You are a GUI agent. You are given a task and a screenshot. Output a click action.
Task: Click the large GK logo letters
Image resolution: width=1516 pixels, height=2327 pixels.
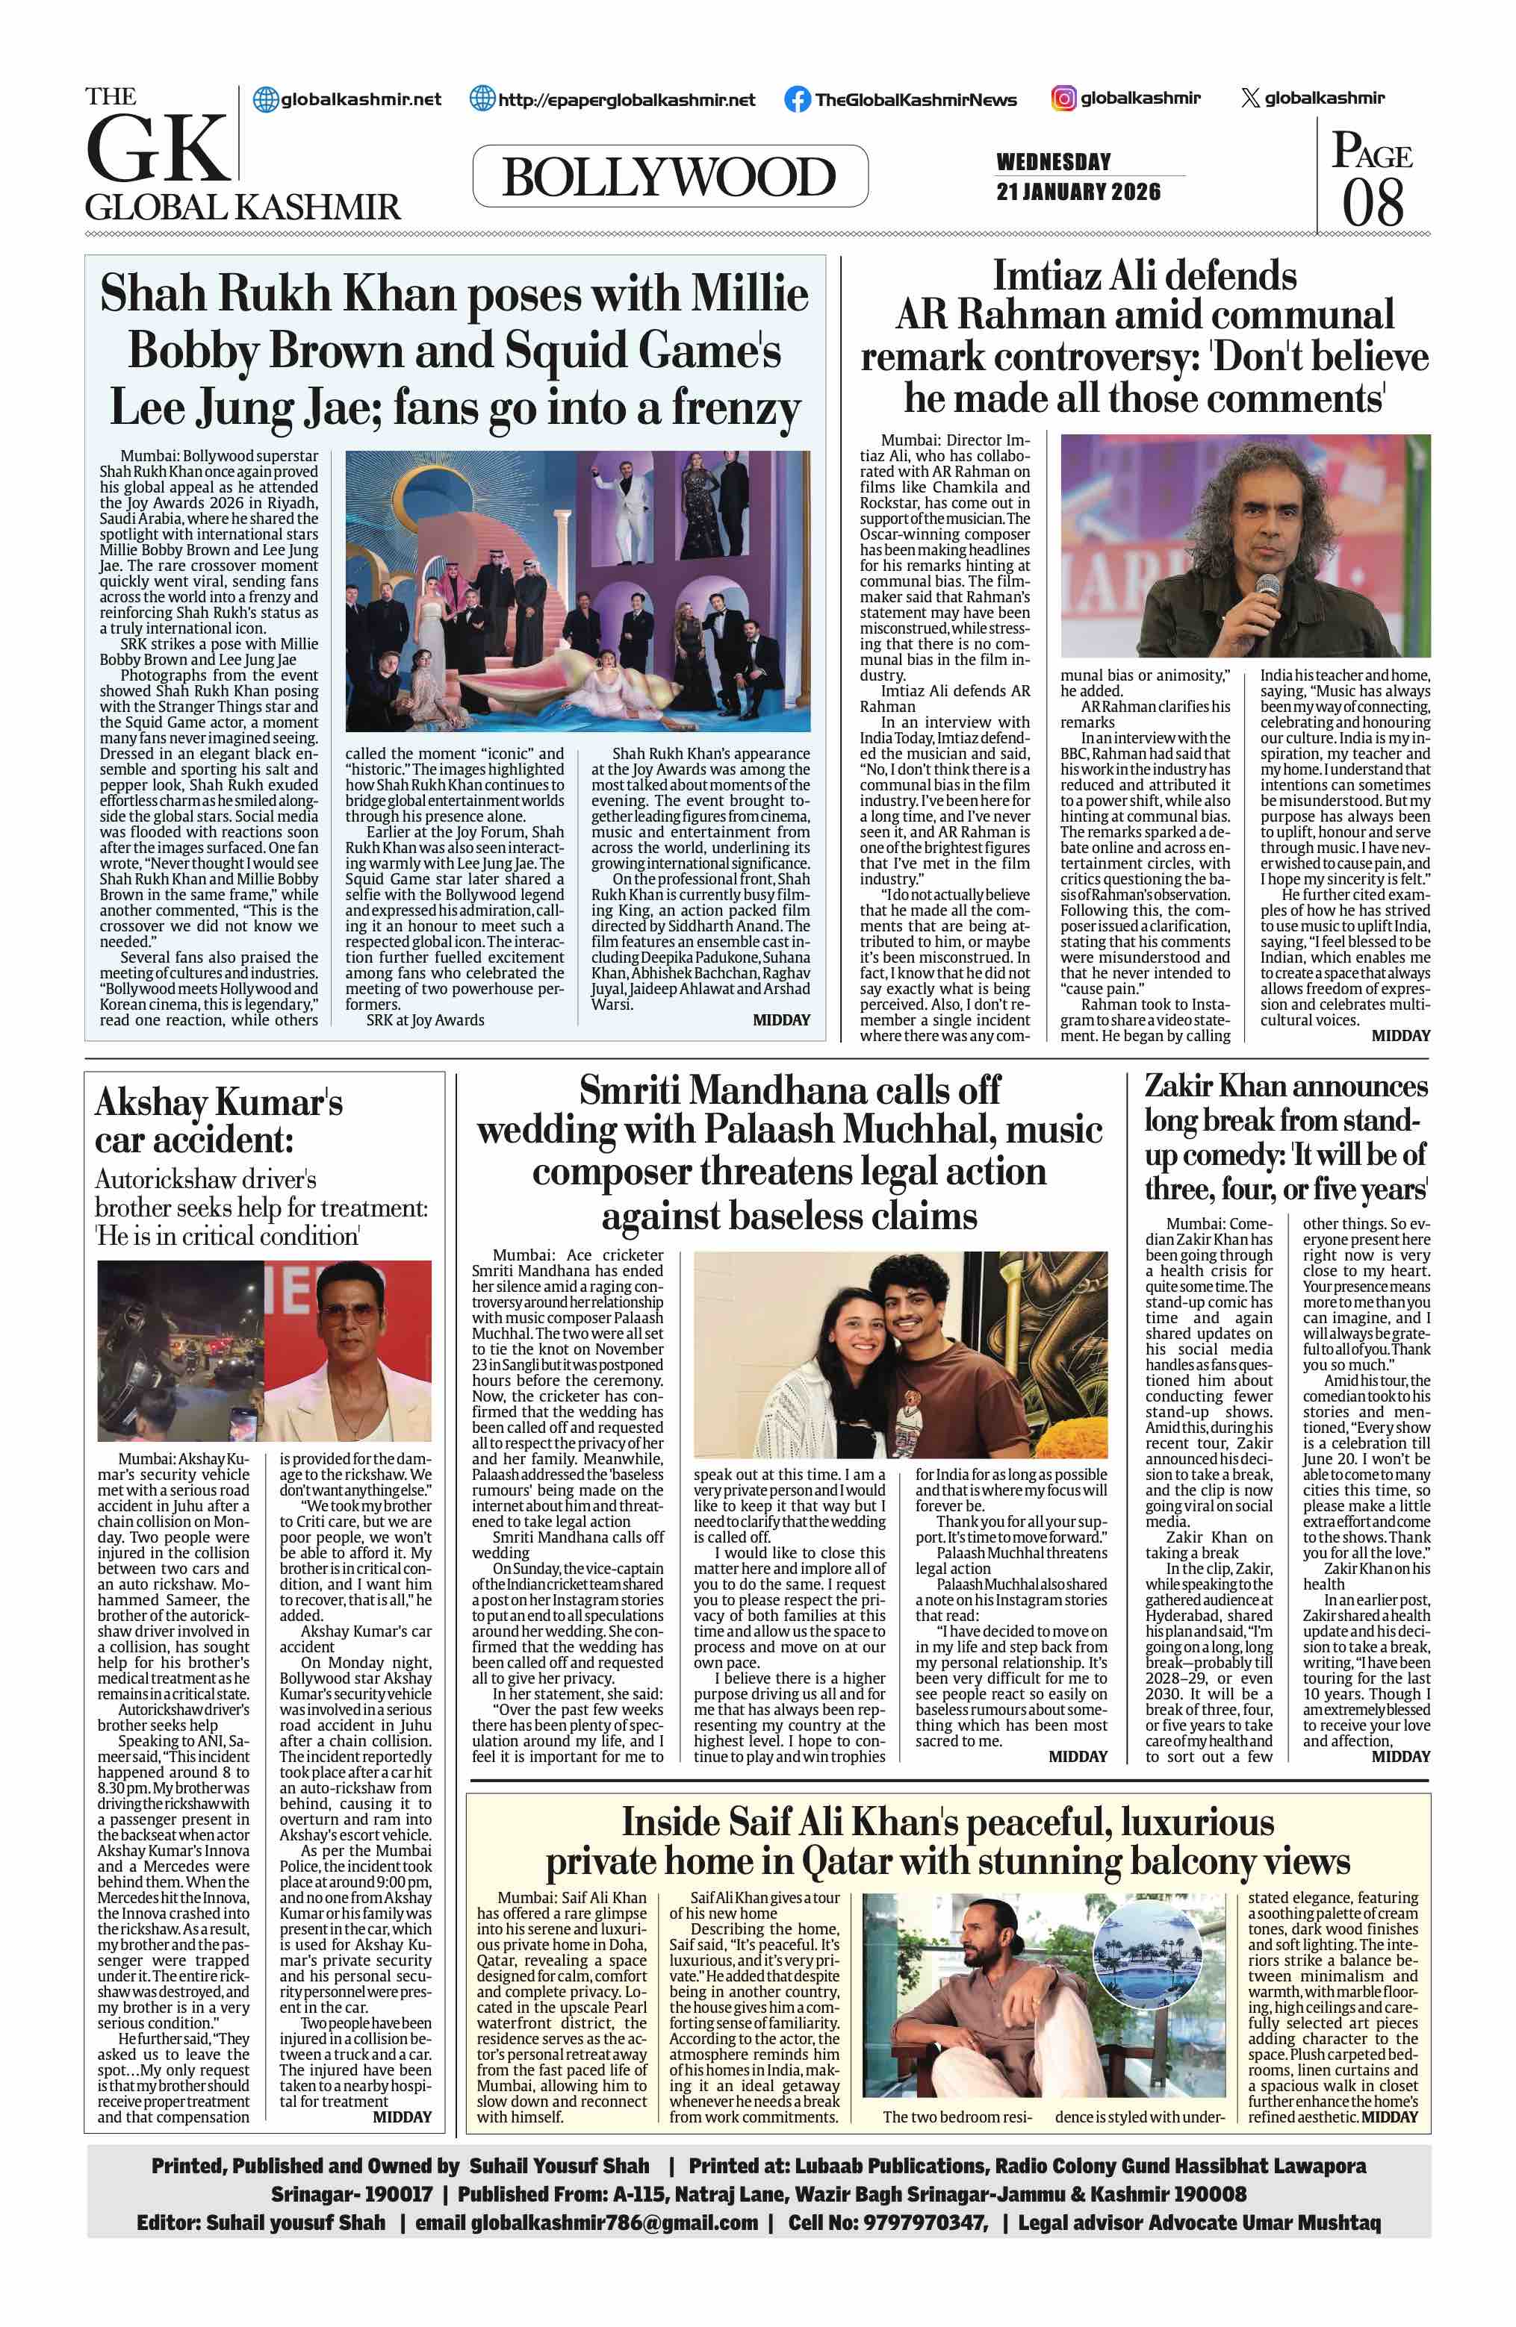(x=157, y=149)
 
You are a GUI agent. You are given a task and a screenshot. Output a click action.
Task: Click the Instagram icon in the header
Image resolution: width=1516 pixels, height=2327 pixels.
(x=1063, y=98)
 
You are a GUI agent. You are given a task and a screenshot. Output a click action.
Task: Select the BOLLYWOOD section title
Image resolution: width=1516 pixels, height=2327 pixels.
(x=669, y=177)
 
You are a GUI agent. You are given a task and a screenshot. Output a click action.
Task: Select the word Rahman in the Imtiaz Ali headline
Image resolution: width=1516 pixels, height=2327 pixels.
(x=1024, y=315)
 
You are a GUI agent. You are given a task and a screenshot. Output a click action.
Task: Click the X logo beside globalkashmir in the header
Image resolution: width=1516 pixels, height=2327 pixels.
(x=1249, y=98)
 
